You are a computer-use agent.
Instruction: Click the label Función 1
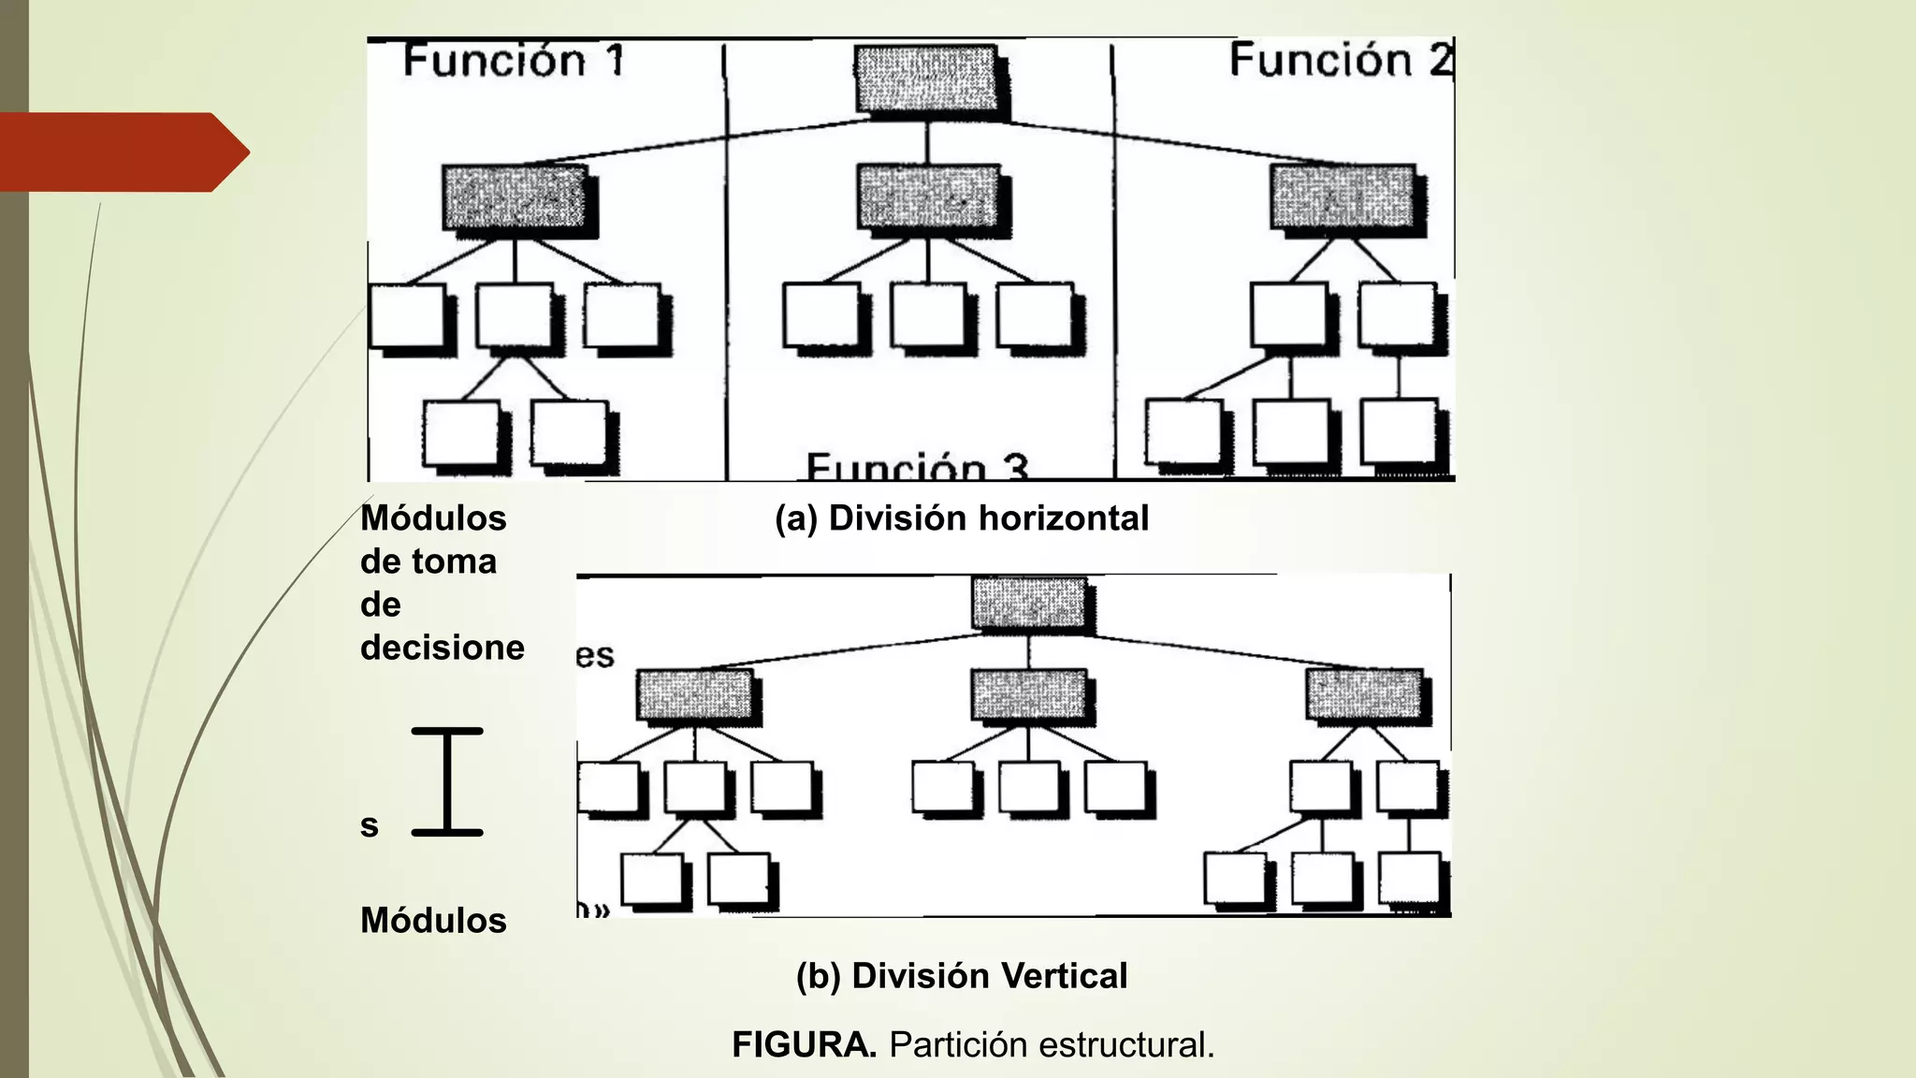coord(513,62)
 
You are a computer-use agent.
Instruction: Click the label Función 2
coord(1340,60)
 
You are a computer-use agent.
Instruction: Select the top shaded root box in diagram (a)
coord(926,80)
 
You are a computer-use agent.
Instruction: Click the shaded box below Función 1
coord(515,197)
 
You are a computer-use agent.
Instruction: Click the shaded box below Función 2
coord(1343,197)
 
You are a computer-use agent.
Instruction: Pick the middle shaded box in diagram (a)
coord(928,197)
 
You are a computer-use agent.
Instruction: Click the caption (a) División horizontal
coord(962,518)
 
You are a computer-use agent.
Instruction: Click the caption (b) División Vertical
coord(962,976)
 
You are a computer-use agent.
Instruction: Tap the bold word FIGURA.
coord(804,1044)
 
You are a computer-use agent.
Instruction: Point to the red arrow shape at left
coord(122,152)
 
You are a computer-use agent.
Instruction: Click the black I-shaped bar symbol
coord(447,781)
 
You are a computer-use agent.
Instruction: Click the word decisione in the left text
coord(442,648)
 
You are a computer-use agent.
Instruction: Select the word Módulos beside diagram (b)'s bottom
coord(433,921)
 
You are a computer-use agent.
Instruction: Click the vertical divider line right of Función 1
coord(726,262)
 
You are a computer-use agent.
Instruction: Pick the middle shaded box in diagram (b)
coord(1028,694)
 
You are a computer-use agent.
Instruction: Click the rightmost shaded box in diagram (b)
coord(1364,694)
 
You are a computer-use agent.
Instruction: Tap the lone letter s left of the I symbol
coord(370,826)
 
